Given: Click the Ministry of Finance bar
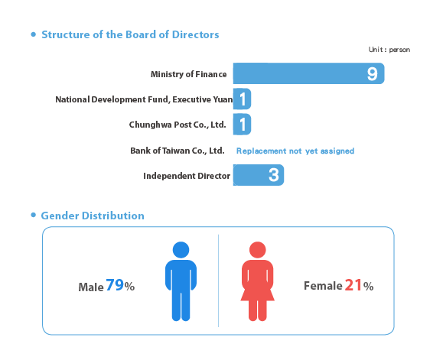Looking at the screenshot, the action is click(x=308, y=73).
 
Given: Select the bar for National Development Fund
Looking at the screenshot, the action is click(x=242, y=99).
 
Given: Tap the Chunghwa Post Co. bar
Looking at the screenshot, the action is click(x=242, y=124).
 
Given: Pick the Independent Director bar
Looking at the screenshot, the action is click(x=259, y=175).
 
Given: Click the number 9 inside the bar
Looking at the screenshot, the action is click(x=372, y=74).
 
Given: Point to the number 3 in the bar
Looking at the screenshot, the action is click(x=274, y=175).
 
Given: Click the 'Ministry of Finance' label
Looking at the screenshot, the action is click(x=188, y=74).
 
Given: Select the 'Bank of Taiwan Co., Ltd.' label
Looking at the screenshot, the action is click(x=178, y=151).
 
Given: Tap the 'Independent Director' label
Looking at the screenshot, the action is click(x=187, y=176).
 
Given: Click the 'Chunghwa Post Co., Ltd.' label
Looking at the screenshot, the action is click(x=178, y=125).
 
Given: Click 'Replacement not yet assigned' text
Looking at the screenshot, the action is click(x=295, y=151).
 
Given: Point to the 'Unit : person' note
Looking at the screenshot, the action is click(x=389, y=50).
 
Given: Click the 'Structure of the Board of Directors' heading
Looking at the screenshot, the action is click(x=130, y=34).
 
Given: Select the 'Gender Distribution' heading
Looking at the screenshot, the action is click(x=93, y=216).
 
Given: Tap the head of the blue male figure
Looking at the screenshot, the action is click(x=181, y=250).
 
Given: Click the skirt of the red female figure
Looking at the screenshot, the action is click(x=257, y=294).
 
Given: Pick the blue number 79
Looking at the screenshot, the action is click(x=115, y=285).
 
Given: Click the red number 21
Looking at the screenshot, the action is click(x=353, y=285).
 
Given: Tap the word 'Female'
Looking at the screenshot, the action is click(x=323, y=286).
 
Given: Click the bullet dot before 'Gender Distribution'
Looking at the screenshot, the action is click(x=34, y=215).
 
